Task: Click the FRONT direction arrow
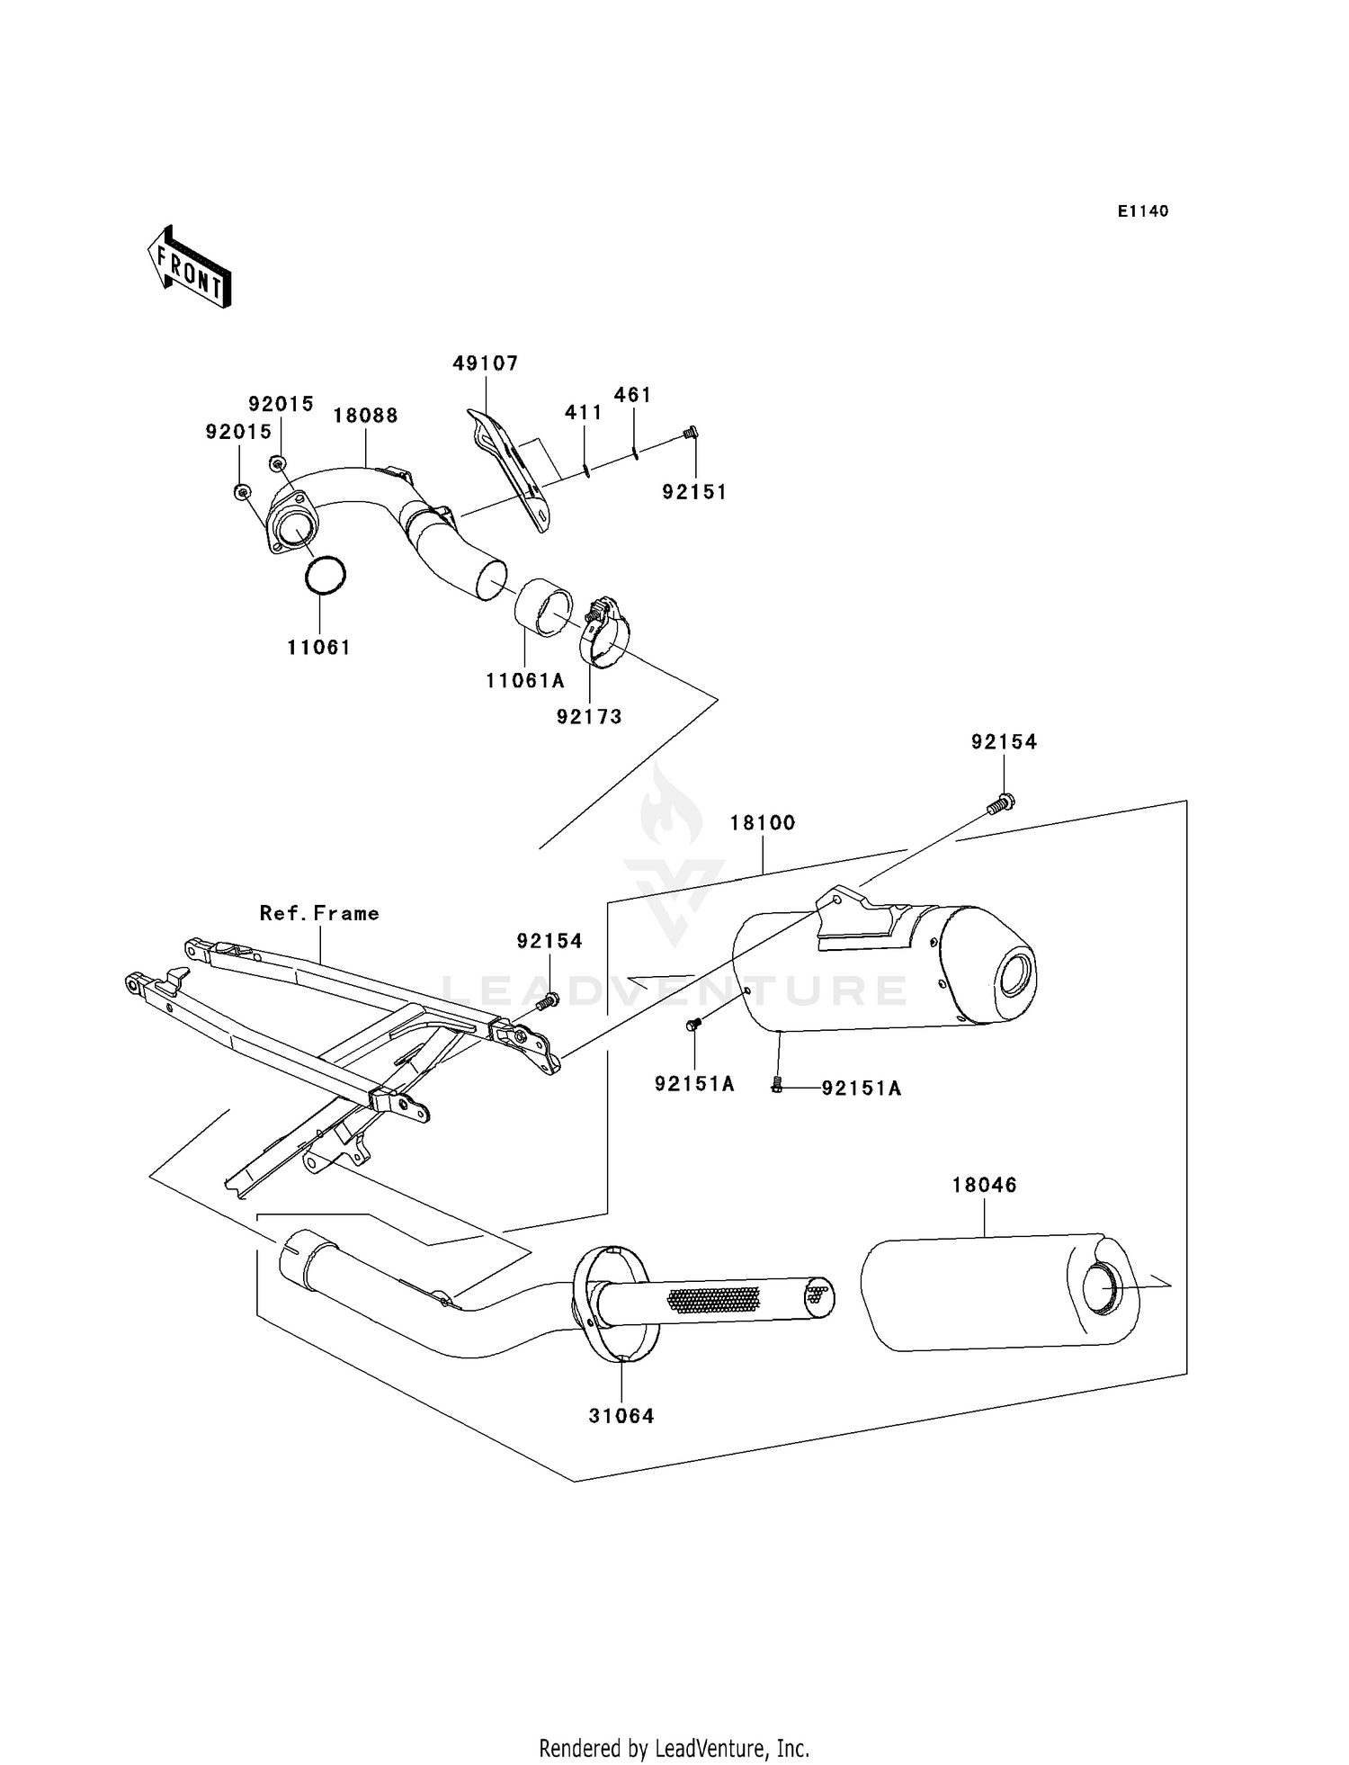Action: tap(190, 267)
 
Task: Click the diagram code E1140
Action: tap(1143, 211)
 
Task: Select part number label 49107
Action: tap(486, 363)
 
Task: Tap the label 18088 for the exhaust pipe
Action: tap(365, 416)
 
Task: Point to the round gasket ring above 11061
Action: tap(324, 574)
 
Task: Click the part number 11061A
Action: tap(525, 681)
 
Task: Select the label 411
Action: tap(584, 412)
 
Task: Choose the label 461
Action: tap(633, 395)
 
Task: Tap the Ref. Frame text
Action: tap(319, 913)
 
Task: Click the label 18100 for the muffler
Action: tap(763, 822)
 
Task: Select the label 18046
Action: tap(985, 1186)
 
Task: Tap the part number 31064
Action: tap(621, 1416)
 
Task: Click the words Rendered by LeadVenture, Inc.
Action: tap(674, 1749)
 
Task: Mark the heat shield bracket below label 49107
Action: tap(508, 470)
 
